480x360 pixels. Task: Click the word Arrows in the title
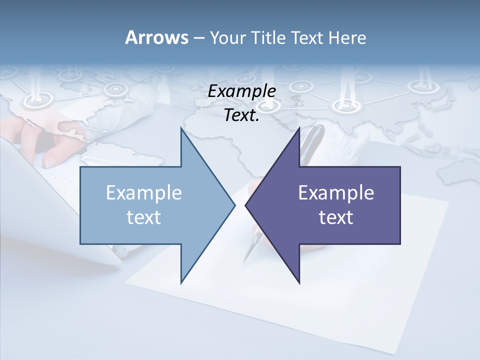(156, 37)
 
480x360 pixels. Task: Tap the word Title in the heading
(269, 38)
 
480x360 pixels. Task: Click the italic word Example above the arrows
(241, 91)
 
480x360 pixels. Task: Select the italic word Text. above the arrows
(241, 115)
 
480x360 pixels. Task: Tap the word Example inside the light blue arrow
(144, 193)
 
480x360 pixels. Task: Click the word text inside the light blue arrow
(144, 217)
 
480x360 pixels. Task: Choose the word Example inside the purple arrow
(336, 193)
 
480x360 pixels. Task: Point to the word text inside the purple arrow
(336, 217)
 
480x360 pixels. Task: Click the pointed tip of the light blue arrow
(234, 205)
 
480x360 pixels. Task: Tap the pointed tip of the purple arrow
(245, 205)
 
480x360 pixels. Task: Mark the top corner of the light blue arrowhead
(181, 128)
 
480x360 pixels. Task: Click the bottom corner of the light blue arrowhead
(181, 282)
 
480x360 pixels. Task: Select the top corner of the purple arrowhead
(299, 128)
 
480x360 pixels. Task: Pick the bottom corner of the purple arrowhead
(299, 282)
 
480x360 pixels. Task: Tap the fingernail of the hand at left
(50, 161)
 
